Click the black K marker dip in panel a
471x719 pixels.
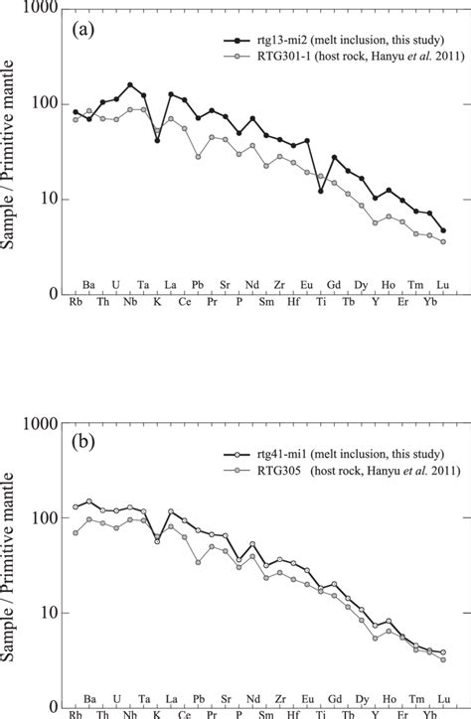tap(157, 140)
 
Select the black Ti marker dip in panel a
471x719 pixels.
tap(320, 191)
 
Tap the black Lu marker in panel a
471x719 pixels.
tap(442, 230)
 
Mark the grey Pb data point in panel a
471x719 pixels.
tap(198, 156)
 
